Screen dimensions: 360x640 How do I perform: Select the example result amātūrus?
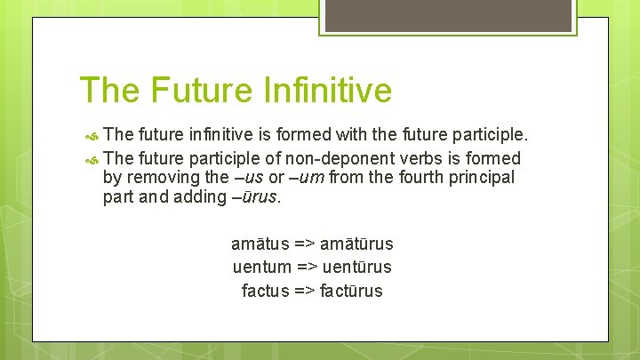pyautogui.click(x=357, y=244)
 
